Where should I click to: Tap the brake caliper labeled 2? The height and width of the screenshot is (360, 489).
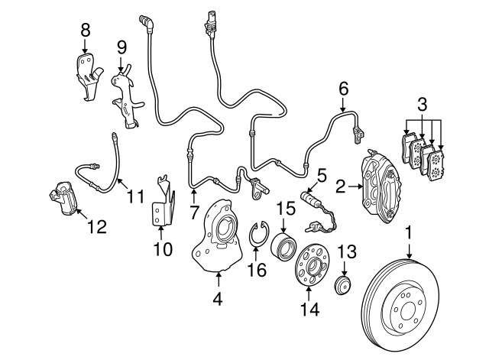[x=381, y=186]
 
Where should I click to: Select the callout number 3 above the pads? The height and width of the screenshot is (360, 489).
[x=423, y=105]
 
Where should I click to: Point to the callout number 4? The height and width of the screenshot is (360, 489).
[x=218, y=299]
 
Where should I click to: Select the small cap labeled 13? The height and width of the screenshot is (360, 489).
[x=343, y=285]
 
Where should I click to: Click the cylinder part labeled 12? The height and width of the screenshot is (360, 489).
[x=63, y=199]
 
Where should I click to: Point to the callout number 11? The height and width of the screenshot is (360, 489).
[x=136, y=197]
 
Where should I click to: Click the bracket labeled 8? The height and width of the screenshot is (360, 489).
[x=89, y=76]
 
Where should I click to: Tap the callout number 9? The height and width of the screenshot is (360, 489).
[x=122, y=47]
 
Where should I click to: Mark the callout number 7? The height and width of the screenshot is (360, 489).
[x=193, y=212]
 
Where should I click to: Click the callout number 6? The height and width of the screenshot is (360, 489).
[x=343, y=89]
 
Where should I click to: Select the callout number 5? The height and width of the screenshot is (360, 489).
[x=321, y=176]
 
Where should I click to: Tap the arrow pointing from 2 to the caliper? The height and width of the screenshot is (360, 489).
[x=355, y=186]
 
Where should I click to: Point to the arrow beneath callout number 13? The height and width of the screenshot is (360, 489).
[x=344, y=268]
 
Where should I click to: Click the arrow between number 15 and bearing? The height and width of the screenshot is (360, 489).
[x=283, y=225]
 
